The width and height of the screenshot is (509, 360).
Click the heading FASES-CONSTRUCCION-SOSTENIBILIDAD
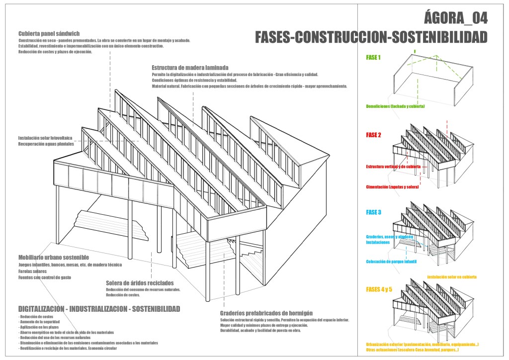pyautogui.click(x=371, y=37)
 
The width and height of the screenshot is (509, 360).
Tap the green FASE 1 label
pyautogui.click(x=373, y=58)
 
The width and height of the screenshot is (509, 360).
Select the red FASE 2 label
pyautogui.click(x=373, y=135)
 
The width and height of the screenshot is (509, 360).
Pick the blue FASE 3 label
pyautogui.click(x=373, y=213)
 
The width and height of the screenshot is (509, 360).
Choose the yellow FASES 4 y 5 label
pyautogui.click(x=379, y=289)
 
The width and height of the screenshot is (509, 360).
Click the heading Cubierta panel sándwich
pyautogui.click(x=49, y=33)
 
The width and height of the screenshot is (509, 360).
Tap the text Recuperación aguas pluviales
pyautogui.click(x=46, y=144)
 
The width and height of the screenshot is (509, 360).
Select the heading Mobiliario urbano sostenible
pyautogui.click(x=53, y=258)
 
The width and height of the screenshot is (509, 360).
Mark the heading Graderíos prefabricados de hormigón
pyautogui.click(x=266, y=313)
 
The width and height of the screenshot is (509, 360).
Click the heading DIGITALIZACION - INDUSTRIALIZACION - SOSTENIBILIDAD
pyautogui.click(x=99, y=309)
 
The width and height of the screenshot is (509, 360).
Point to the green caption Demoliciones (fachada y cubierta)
pyautogui.click(x=395, y=106)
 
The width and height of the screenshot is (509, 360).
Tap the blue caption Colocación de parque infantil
pyautogui.click(x=391, y=262)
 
